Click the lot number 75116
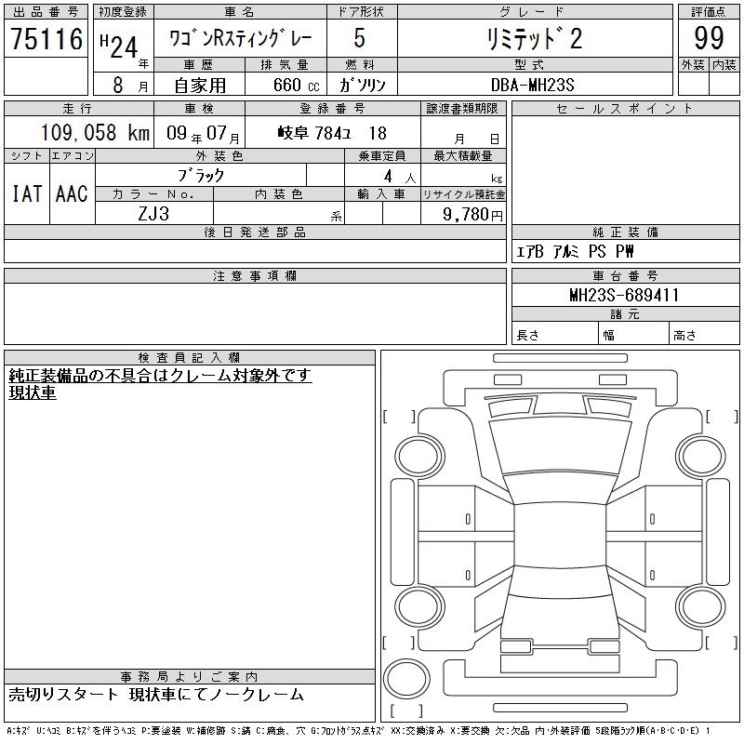pos(46,38)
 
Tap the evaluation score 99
pos(709,37)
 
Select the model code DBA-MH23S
pos(532,85)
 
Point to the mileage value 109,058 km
pos(95,132)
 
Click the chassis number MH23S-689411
pos(624,295)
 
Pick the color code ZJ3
pos(153,214)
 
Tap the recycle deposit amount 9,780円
pos(472,215)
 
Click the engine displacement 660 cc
pos(296,86)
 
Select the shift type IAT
pos(27,193)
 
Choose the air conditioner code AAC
pos(72,193)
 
